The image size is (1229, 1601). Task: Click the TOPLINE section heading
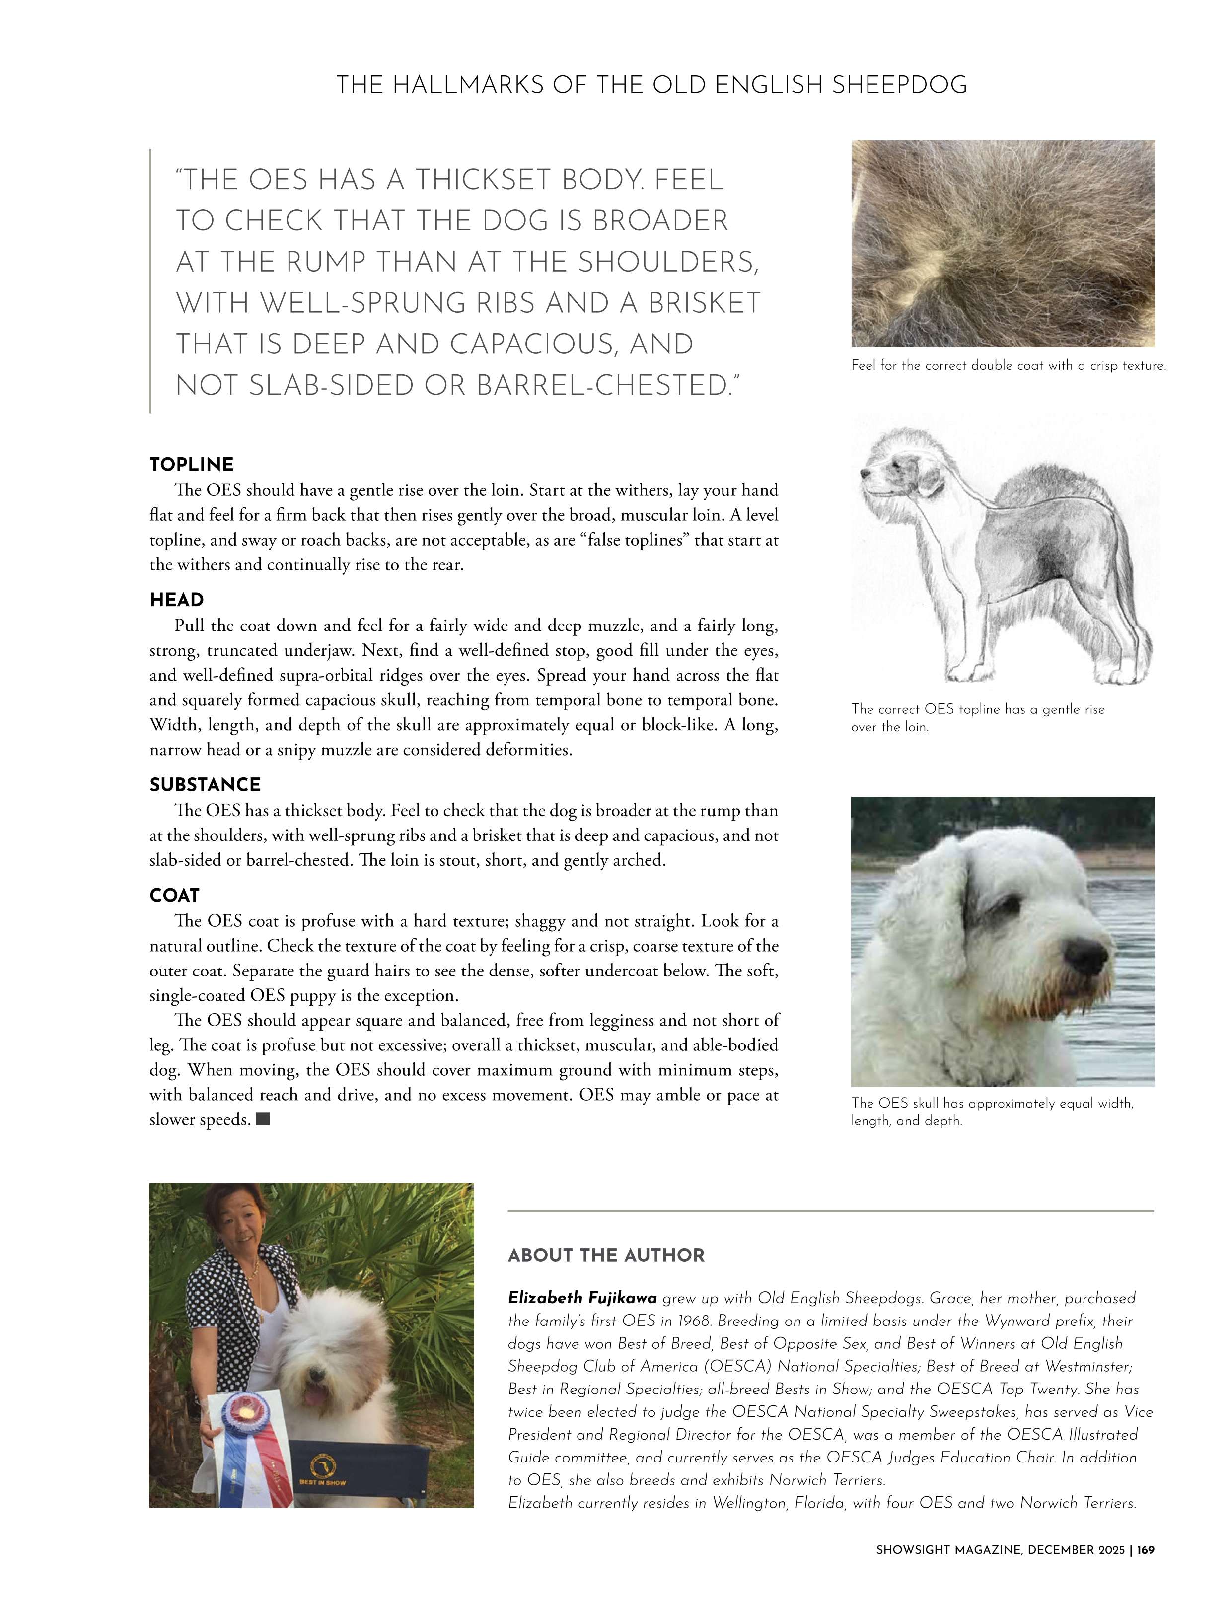click(x=191, y=465)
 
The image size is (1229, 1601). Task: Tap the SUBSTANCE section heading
click(x=205, y=785)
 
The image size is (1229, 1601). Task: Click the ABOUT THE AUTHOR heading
click(x=606, y=1256)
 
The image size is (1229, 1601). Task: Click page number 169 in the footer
click(x=1146, y=1570)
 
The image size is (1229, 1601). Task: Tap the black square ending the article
click(x=263, y=1119)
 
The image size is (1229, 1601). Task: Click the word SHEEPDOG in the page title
click(x=899, y=85)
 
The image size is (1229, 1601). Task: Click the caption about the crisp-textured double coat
click(x=1008, y=366)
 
